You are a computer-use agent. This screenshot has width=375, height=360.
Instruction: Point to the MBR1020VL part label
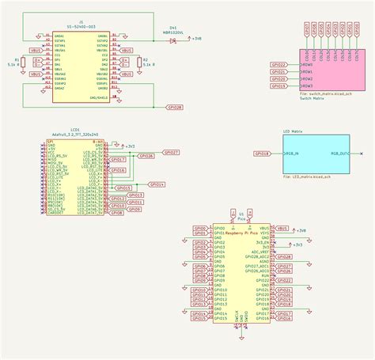173,32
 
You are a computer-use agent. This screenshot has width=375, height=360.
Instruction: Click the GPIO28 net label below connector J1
176,106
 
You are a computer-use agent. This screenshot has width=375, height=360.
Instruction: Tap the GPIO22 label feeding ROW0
278,64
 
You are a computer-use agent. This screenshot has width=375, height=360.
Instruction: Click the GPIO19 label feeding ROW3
278,86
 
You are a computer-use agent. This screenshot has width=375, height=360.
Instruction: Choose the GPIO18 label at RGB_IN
263,153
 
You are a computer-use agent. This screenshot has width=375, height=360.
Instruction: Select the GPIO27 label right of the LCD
171,151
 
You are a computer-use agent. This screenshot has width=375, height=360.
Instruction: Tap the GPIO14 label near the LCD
157,184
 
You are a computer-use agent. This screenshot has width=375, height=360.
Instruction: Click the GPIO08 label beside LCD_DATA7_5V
117,212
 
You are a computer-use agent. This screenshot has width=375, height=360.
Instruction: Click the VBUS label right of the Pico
282,228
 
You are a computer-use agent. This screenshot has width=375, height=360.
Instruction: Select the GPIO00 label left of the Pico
199,228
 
